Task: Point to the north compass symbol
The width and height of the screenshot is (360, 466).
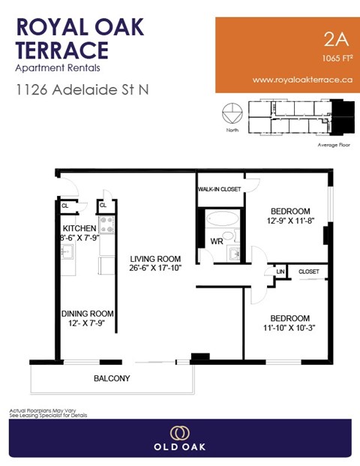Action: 232,116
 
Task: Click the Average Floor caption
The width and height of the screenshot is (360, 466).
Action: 335,144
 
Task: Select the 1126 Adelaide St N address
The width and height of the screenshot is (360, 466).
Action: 82,90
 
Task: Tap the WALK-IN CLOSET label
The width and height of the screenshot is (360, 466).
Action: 220,189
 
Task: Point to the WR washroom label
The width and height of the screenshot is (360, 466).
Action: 216,242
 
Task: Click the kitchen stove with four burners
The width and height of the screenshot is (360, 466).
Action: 106,224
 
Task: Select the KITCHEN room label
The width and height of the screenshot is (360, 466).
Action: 79,228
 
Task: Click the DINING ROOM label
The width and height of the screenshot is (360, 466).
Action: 87,314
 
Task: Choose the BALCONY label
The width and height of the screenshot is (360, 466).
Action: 112,379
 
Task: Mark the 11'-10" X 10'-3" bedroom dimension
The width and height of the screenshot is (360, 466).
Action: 289,328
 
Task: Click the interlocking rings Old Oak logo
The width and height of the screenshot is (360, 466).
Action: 179,432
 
